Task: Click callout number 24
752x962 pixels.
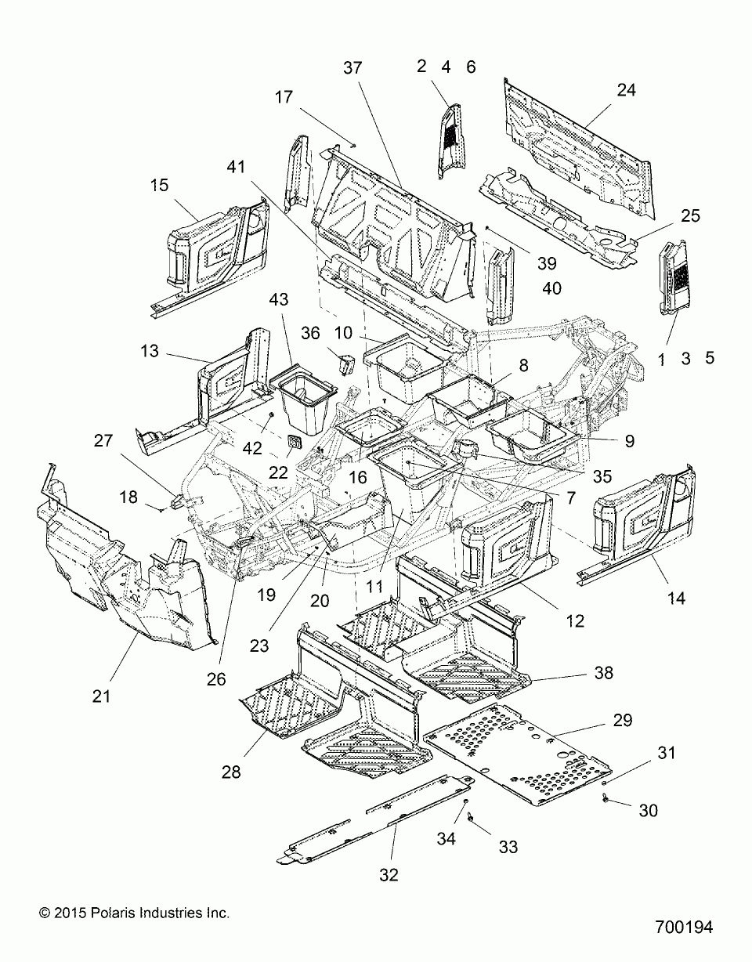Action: [627, 90]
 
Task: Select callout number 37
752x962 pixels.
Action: [352, 68]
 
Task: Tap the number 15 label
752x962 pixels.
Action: [159, 185]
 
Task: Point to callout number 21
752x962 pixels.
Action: [101, 696]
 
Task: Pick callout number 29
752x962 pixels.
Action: [623, 720]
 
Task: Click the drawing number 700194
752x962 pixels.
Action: [684, 927]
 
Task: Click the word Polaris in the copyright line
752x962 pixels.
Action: [114, 913]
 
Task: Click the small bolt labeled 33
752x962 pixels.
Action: [470, 820]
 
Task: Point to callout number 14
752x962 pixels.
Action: [676, 599]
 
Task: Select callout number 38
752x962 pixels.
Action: [604, 673]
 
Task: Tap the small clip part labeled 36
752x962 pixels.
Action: [346, 364]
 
